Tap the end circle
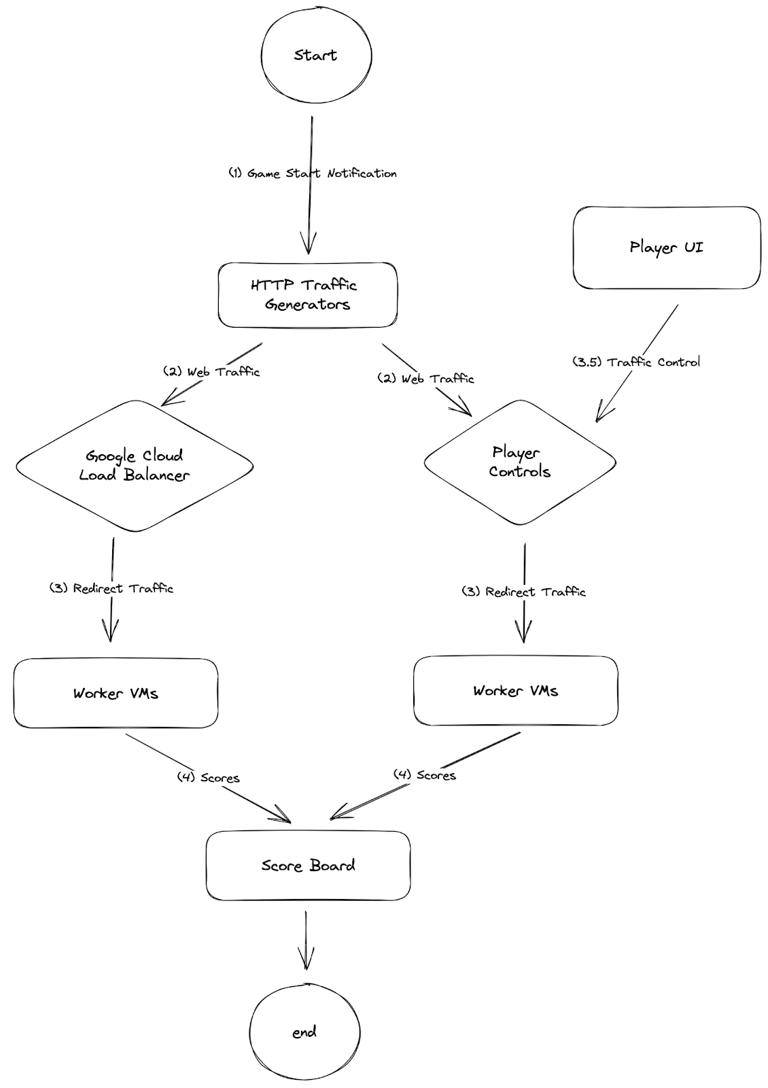tap(304, 1032)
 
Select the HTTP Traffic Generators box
tap(307, 294)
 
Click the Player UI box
tap(666, 248)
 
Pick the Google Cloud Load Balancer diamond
tap(134, 465)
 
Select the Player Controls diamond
tap(519, 462)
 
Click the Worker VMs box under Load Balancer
tap(116, 693)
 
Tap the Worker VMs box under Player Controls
tap(515, 690)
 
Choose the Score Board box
tap(308, 865)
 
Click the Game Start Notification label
tap(313, 173)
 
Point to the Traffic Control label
tap(635, 362)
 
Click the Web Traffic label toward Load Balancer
tap(211, 371)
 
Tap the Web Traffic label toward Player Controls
tap(425, 378)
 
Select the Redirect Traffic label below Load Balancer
tap(111, 588)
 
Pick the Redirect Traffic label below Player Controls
tap(523, 592)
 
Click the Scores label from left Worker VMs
tap(208, 777)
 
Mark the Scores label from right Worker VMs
tap(425, 775)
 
